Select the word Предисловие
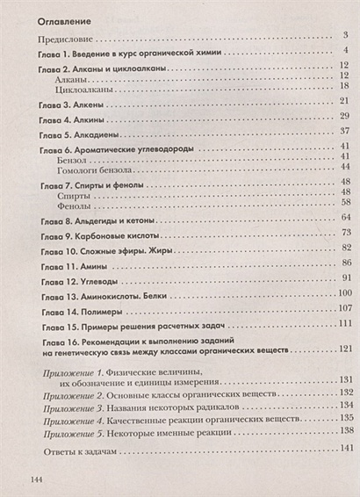coord(68,40)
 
